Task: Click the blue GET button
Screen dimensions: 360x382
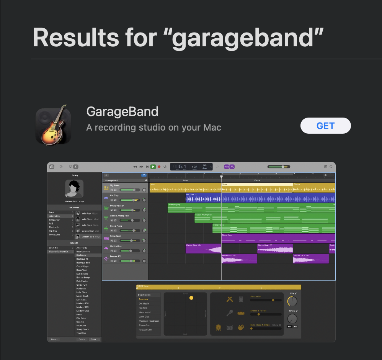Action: [x=325, y=126]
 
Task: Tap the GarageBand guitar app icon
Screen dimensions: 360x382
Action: [x=53, y=126]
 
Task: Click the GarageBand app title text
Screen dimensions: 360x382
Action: [x=122, y=111]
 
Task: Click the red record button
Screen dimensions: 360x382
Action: [x=159, y=167]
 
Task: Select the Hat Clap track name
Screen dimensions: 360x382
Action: [x=114, y=195]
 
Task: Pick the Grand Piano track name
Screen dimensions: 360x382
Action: [x=116, y=226]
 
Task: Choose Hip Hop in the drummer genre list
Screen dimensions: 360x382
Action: [x=54, y=231]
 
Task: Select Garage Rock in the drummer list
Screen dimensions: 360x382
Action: [x=88, y=231]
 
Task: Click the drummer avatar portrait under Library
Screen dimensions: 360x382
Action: [x=74, y=188]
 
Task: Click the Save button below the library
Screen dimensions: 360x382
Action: [x=94, y=339]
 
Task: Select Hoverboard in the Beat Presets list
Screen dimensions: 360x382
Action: [x=144, y=312]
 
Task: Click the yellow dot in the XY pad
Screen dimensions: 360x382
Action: [x=191, y=298]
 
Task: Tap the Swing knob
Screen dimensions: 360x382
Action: [x=292, y=319]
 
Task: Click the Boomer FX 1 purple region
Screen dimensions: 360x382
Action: [x=311, y=259]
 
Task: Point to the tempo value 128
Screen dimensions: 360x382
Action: [x=194, y=167]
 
